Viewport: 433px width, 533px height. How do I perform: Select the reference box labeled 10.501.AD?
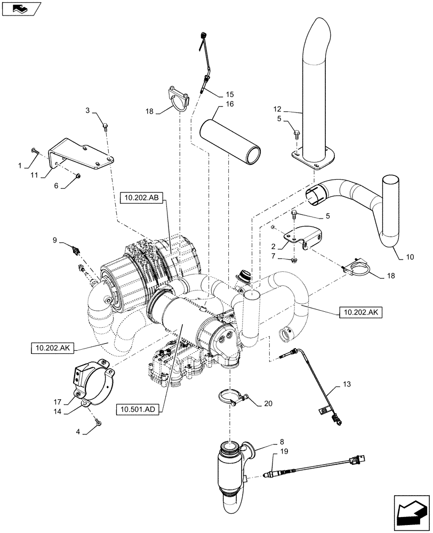tap(136, 409)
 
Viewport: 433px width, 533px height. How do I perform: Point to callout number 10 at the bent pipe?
tap(410, 256)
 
